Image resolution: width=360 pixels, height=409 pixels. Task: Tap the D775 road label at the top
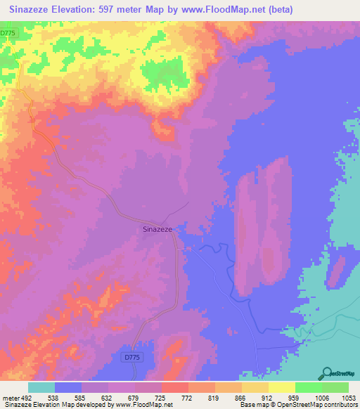(8, 33)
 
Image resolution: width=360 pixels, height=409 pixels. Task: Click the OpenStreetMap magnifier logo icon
(326, 372)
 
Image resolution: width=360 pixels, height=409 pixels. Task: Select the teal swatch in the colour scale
(41, 387)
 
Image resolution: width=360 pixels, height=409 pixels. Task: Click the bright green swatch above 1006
(308, 387)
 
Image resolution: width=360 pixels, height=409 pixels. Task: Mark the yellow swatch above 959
(281, 387)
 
